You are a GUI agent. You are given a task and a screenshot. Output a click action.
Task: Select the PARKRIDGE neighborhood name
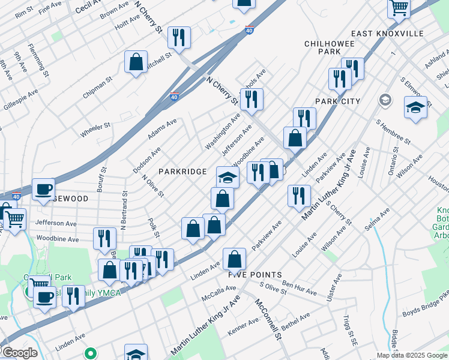point(182,172)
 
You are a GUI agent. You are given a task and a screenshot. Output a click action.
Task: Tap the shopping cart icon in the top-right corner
point(399,8)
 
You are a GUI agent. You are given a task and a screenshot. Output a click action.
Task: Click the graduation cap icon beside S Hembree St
point(415,107)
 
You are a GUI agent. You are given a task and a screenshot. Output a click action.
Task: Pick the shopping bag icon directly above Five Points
point(235,259)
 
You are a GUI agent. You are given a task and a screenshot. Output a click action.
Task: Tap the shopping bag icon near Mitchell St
point(136,62)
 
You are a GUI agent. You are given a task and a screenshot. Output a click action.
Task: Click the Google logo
point(19,353)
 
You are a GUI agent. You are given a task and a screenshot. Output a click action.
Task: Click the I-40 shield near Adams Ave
point(174,96)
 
